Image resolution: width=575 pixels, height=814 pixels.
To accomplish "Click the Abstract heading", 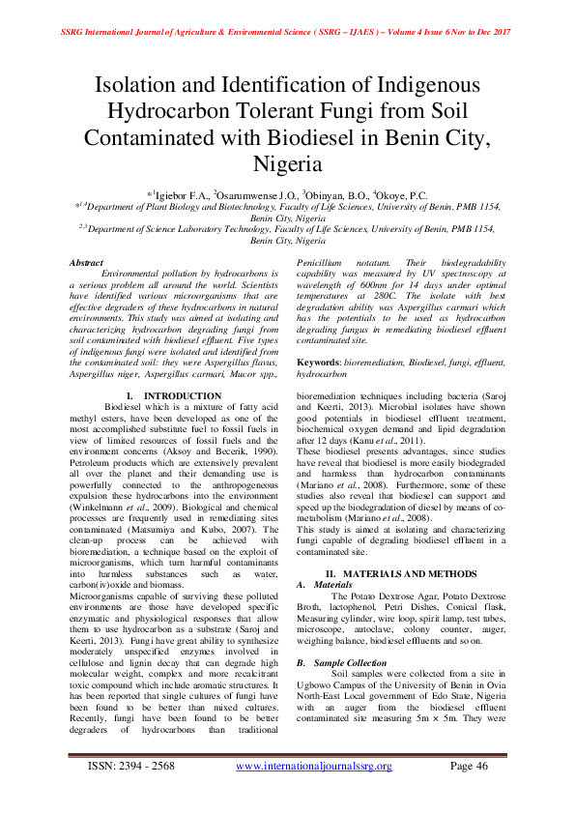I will pyautogui.click(x=85, y=263).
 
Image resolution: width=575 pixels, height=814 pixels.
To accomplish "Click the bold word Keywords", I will pyautogui.click(x=319, y=360).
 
